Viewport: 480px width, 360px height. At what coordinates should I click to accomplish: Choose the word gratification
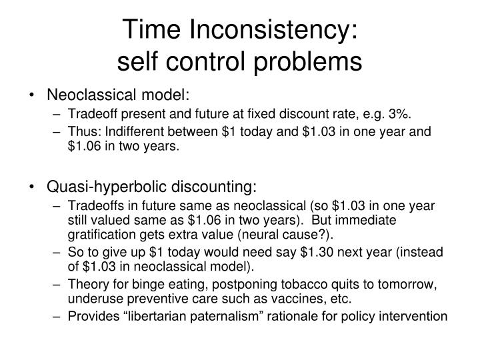pos(102,235)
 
